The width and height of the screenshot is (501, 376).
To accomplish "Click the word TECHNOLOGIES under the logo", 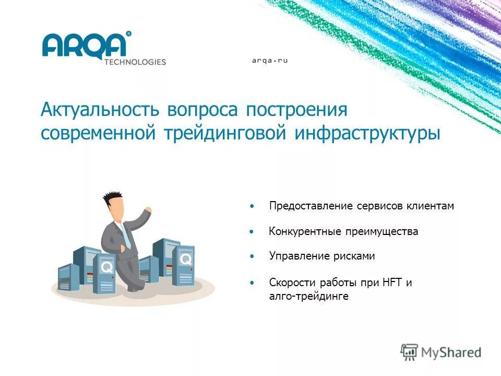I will pyautogui.click(x=135, y=62).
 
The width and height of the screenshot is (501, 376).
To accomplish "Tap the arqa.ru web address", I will pyautogui.click(x=270, y=61).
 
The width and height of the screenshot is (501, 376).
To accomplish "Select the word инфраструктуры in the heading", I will pyautogui.click(x=367, y=134).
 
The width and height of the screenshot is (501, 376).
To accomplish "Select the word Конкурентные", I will pyautogui.click(x=305, y=231).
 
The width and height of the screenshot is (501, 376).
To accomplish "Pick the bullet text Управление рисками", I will pyautogui.click(x=322, y=256).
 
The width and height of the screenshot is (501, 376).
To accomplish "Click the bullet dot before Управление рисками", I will pyautogui.click(x=252, y=256).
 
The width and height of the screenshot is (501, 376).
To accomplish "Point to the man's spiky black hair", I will pyautogui.click(x=113, y=198).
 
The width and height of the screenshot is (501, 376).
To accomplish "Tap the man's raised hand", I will pyautogui.click(x=148, y=210).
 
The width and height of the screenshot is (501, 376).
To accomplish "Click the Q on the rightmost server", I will pyautogui.click(x=185, y=259).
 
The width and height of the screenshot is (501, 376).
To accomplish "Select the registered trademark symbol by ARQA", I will pyautogui.click(x=129, y=33).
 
